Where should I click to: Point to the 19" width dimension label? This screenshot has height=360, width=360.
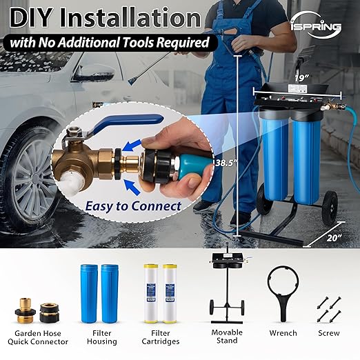point(299,77)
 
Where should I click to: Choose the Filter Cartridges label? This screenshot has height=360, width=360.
point(160,337)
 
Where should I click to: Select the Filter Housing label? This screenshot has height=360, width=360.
point(101,337)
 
